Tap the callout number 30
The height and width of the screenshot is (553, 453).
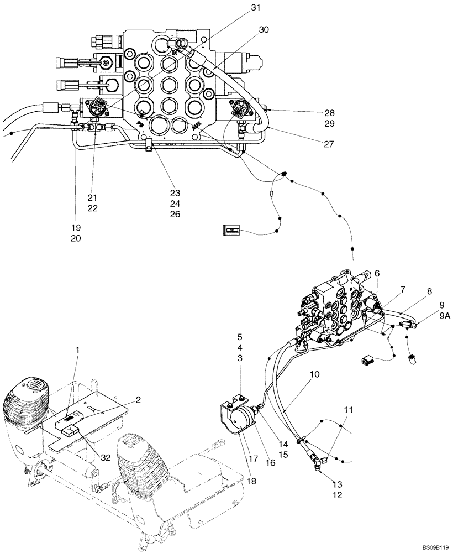pyautogui.click(x=264, y=30)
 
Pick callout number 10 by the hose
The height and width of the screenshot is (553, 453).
pyautogui.click(x=314, y=375)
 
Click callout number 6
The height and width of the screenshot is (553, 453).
pyautogui.click(x=377, y=273)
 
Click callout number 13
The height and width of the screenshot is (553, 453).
pyautogui.click(x=338, y=484)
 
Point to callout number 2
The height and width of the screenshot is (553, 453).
pyautogui.click(x=138, y=399)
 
